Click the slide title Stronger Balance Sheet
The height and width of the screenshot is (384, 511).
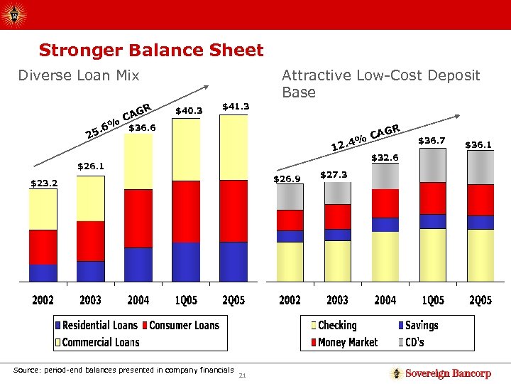pos(151,50)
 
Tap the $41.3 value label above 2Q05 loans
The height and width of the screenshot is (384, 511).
pos(236,107)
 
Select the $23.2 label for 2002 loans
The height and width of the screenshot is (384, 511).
pos(44,183)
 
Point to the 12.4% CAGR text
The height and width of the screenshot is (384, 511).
pos(366,136)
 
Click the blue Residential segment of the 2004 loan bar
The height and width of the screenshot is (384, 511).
pos(138,265)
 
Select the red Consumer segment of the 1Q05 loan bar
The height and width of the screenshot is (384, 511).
pos(186,212)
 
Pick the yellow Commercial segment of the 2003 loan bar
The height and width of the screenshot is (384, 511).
pos(91,198)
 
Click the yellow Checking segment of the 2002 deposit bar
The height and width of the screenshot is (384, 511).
pos(290,262)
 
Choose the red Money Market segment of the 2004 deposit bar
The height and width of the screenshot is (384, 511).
pos(385,203)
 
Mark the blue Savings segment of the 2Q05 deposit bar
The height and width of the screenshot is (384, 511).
pos(480,223)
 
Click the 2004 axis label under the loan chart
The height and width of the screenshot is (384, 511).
pos(138,301)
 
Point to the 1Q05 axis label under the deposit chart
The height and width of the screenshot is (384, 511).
pos(432,301)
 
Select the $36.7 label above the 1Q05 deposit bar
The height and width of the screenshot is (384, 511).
pos(432,141)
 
